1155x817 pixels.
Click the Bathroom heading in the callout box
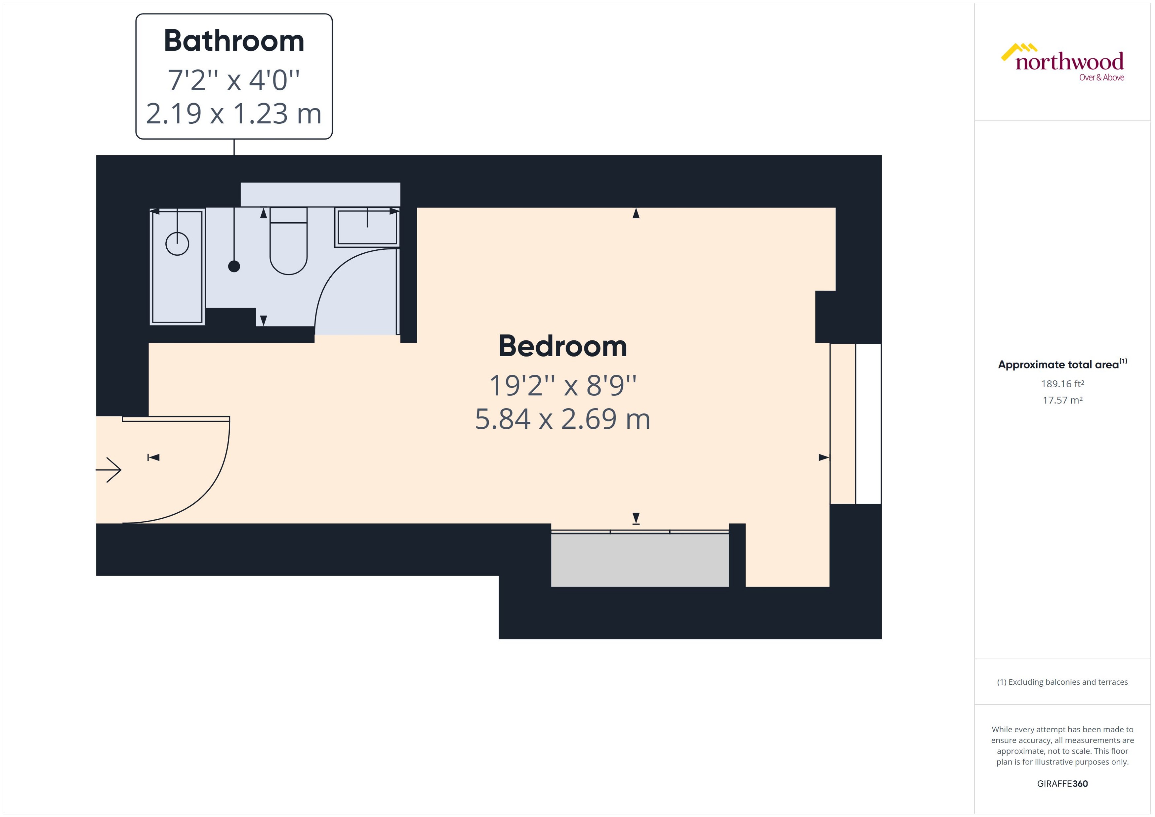(234, 41)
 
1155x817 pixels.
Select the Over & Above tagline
(1101, 78)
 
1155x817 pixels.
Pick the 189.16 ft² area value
(1062, 384)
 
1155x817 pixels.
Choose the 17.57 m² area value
(1062, 400)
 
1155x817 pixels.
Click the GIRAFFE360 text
(1062, 784)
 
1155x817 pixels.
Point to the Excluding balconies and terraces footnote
(1062, 682)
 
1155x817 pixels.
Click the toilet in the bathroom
(288, 244)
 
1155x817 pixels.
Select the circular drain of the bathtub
(177, 244)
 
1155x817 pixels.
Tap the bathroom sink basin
(367, 227)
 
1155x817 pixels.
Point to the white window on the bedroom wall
(868, 424)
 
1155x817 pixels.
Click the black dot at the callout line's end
(234, 267)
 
